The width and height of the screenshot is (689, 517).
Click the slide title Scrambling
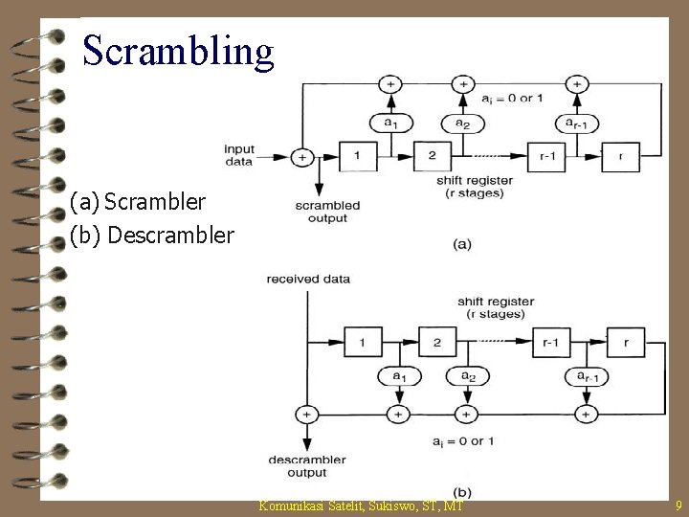click(x=178, y=50)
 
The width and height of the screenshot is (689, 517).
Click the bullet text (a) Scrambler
click(x=138, y=202)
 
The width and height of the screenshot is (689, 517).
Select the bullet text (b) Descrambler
click(x=152, y=235)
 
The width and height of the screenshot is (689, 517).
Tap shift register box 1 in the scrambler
click(x=357, y=155)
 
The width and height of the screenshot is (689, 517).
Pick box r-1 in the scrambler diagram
click(x=548, y=155)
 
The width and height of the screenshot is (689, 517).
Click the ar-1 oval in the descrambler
click(x=584, y=377)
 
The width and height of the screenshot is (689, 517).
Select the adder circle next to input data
click(x=302, y=156)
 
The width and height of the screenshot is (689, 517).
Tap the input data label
click(x=239, y=155)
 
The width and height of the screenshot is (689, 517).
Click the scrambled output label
click(x=327, y=211)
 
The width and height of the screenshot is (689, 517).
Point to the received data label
click(x=309, y=280)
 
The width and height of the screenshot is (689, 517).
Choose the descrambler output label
click(x=300, y=466)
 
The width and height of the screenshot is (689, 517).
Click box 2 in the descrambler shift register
click(x=437, y=342)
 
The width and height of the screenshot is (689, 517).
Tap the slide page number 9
click(x=678, y=505)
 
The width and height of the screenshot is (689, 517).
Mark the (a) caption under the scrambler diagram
click(x=461, y=244)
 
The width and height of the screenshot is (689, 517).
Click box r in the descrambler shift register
click(x=626, y=342)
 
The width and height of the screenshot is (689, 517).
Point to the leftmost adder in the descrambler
click(x=306, y=414)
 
